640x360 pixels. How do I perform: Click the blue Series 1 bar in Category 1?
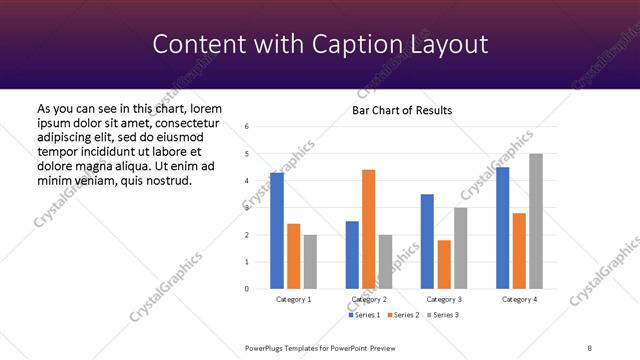(277, 231)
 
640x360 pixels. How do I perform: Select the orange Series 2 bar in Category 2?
(369, 229)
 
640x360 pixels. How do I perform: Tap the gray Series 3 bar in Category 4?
(536, 221)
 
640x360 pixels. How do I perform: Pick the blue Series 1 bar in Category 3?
(427, 241)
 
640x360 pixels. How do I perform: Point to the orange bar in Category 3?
(444, 264)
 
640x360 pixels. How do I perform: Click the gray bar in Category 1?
(310, 262)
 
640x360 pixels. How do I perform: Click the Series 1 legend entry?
(363, 315)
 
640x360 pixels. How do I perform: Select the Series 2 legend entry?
(401, 315)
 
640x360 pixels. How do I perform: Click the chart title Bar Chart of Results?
(402, 110)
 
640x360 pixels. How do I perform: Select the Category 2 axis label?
(369, 299)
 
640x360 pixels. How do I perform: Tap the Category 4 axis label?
(519, 299)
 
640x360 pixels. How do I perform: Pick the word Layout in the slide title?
(451, 44)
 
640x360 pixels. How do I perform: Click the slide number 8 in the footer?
(589, 347)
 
